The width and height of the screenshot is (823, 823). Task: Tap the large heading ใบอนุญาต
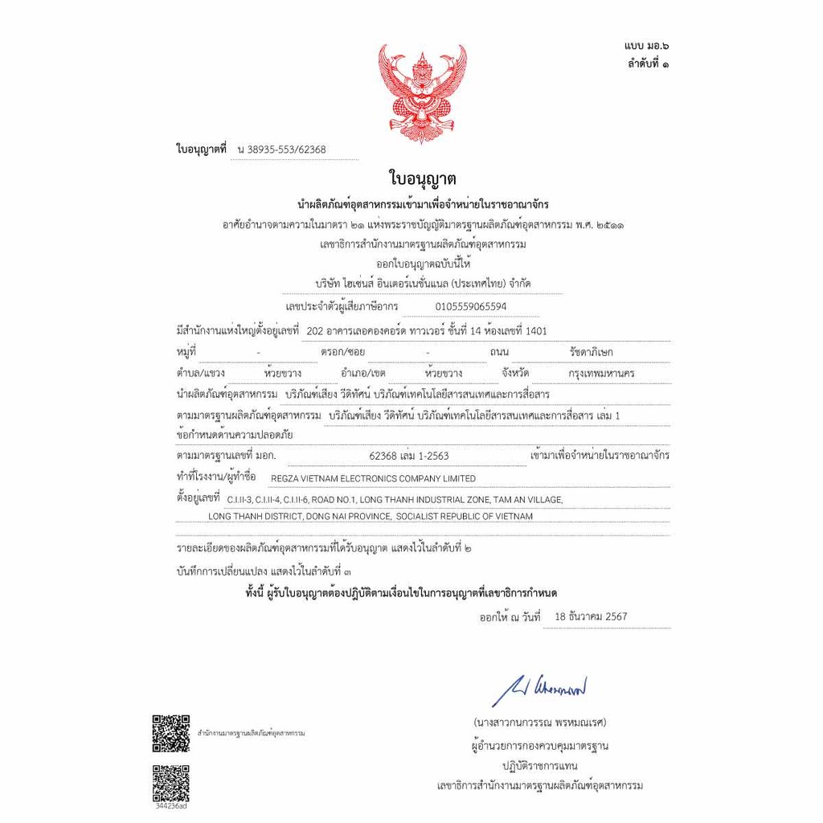422,177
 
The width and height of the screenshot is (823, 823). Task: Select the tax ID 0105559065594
471,306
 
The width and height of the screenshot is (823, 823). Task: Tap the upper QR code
171,732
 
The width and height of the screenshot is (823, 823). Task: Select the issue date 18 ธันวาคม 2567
591,616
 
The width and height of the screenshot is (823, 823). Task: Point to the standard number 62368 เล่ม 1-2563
408,456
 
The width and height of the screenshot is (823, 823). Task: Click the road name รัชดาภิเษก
591,352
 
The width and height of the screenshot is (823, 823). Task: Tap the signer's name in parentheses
539,723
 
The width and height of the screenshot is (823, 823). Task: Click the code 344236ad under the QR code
170,805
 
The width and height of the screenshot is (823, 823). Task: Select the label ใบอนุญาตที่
201,149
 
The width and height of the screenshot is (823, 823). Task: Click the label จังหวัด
519,373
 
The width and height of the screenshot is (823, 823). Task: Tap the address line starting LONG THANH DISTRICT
371,516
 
